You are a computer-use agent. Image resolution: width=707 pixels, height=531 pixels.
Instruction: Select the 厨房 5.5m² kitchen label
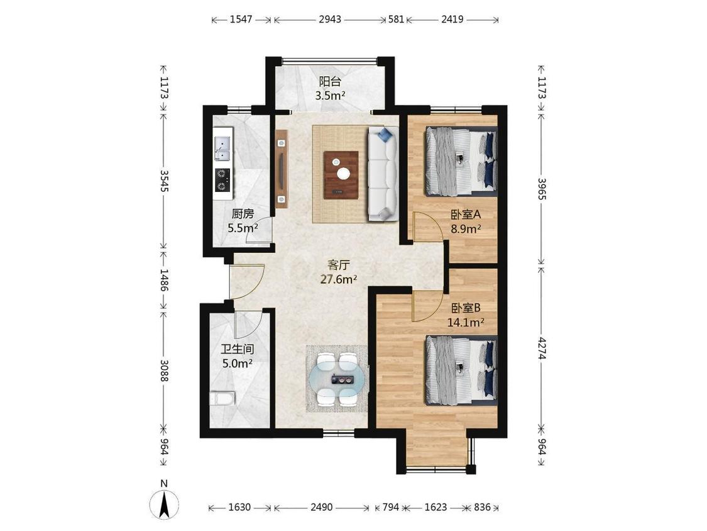(243, 220)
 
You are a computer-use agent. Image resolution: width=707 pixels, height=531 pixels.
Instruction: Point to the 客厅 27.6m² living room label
(339, 272)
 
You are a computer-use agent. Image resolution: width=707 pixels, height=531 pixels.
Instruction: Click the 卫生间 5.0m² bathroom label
(237, 356)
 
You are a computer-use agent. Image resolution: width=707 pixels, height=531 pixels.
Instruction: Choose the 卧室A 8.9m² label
(466, 221)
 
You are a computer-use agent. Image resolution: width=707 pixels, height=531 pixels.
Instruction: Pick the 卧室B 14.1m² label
(466, 315)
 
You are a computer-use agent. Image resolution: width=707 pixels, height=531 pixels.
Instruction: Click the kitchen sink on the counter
(222, 149)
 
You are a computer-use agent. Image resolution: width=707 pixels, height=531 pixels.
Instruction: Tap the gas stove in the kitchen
(222, 180)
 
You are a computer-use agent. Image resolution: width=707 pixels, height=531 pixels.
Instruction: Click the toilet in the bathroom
(222, 400)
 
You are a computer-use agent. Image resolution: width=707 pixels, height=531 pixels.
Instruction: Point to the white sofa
(383, 174)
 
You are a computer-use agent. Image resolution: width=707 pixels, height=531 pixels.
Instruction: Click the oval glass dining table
(337, 379)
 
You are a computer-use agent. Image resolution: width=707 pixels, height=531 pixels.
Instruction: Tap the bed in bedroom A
(461, 161)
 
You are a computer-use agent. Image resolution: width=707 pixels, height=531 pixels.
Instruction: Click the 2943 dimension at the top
(330, 20)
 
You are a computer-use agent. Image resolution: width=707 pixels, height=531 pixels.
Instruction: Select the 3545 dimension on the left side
(164, 181)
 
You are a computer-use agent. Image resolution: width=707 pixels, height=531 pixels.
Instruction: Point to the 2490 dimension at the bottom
(322, 507)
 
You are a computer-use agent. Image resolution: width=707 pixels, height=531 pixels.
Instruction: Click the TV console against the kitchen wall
(282, 169)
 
